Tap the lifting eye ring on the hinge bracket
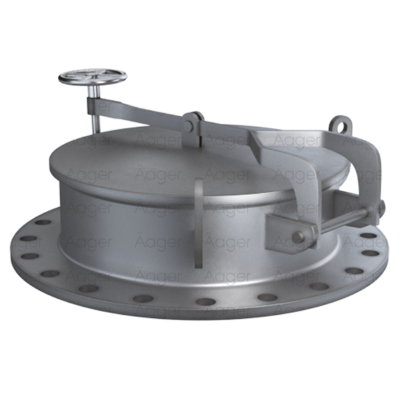coord(340,125)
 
